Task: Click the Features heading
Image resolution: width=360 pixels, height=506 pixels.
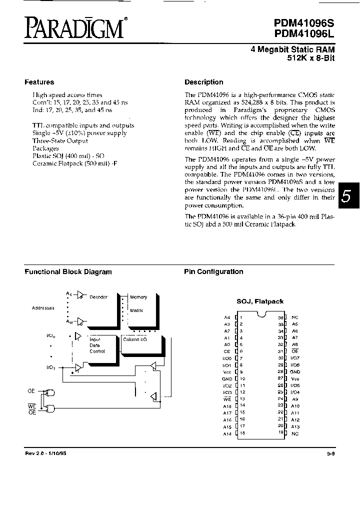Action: tap(39, 82)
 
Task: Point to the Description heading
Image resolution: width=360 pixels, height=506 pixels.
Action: tap(204, 82)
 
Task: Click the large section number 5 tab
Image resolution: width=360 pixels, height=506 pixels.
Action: tap(346, 196)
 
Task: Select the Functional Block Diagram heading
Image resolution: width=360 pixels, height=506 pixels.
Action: tap(68, 272)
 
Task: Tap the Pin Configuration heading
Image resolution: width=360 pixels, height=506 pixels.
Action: tap(213, 271)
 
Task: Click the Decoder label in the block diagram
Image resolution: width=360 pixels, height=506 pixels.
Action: tap(98, 297)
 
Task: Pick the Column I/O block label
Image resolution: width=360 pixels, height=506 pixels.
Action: tap(134, 339)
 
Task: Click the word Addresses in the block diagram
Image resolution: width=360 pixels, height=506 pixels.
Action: tap(43, 308)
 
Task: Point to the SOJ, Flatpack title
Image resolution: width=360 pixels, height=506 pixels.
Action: tap(260, 301)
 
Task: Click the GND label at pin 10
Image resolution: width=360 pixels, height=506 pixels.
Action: tap(226, 379)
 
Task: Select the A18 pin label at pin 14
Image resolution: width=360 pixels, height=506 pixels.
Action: tap(227, 406)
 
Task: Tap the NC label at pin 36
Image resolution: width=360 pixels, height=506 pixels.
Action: tap(295, 317)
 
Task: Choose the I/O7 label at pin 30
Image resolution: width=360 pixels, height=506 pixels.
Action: tap(295, 358)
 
